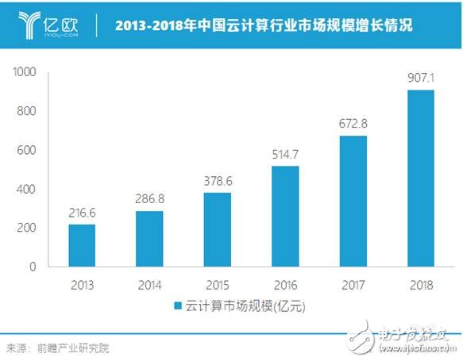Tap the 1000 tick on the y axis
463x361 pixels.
[25, 72]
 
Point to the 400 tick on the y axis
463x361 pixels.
[28, 189]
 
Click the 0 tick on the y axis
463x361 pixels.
[33, 267]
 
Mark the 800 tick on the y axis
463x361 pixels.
[28, 111]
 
